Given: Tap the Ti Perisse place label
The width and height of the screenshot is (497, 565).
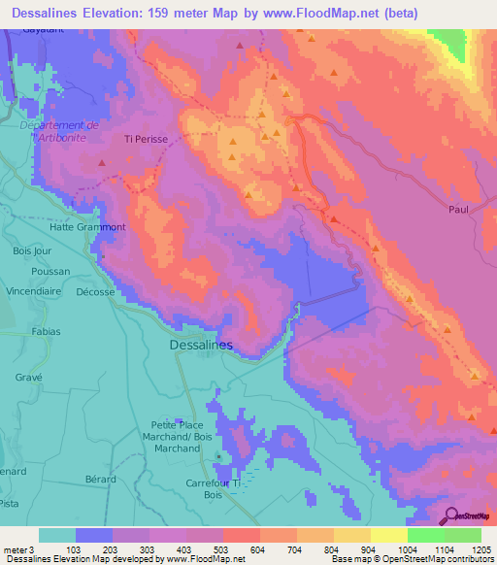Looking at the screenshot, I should (146, 140).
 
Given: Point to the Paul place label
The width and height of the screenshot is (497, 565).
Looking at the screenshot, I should (459, 209).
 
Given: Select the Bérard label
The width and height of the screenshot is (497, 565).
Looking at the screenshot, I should (100, 480).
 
